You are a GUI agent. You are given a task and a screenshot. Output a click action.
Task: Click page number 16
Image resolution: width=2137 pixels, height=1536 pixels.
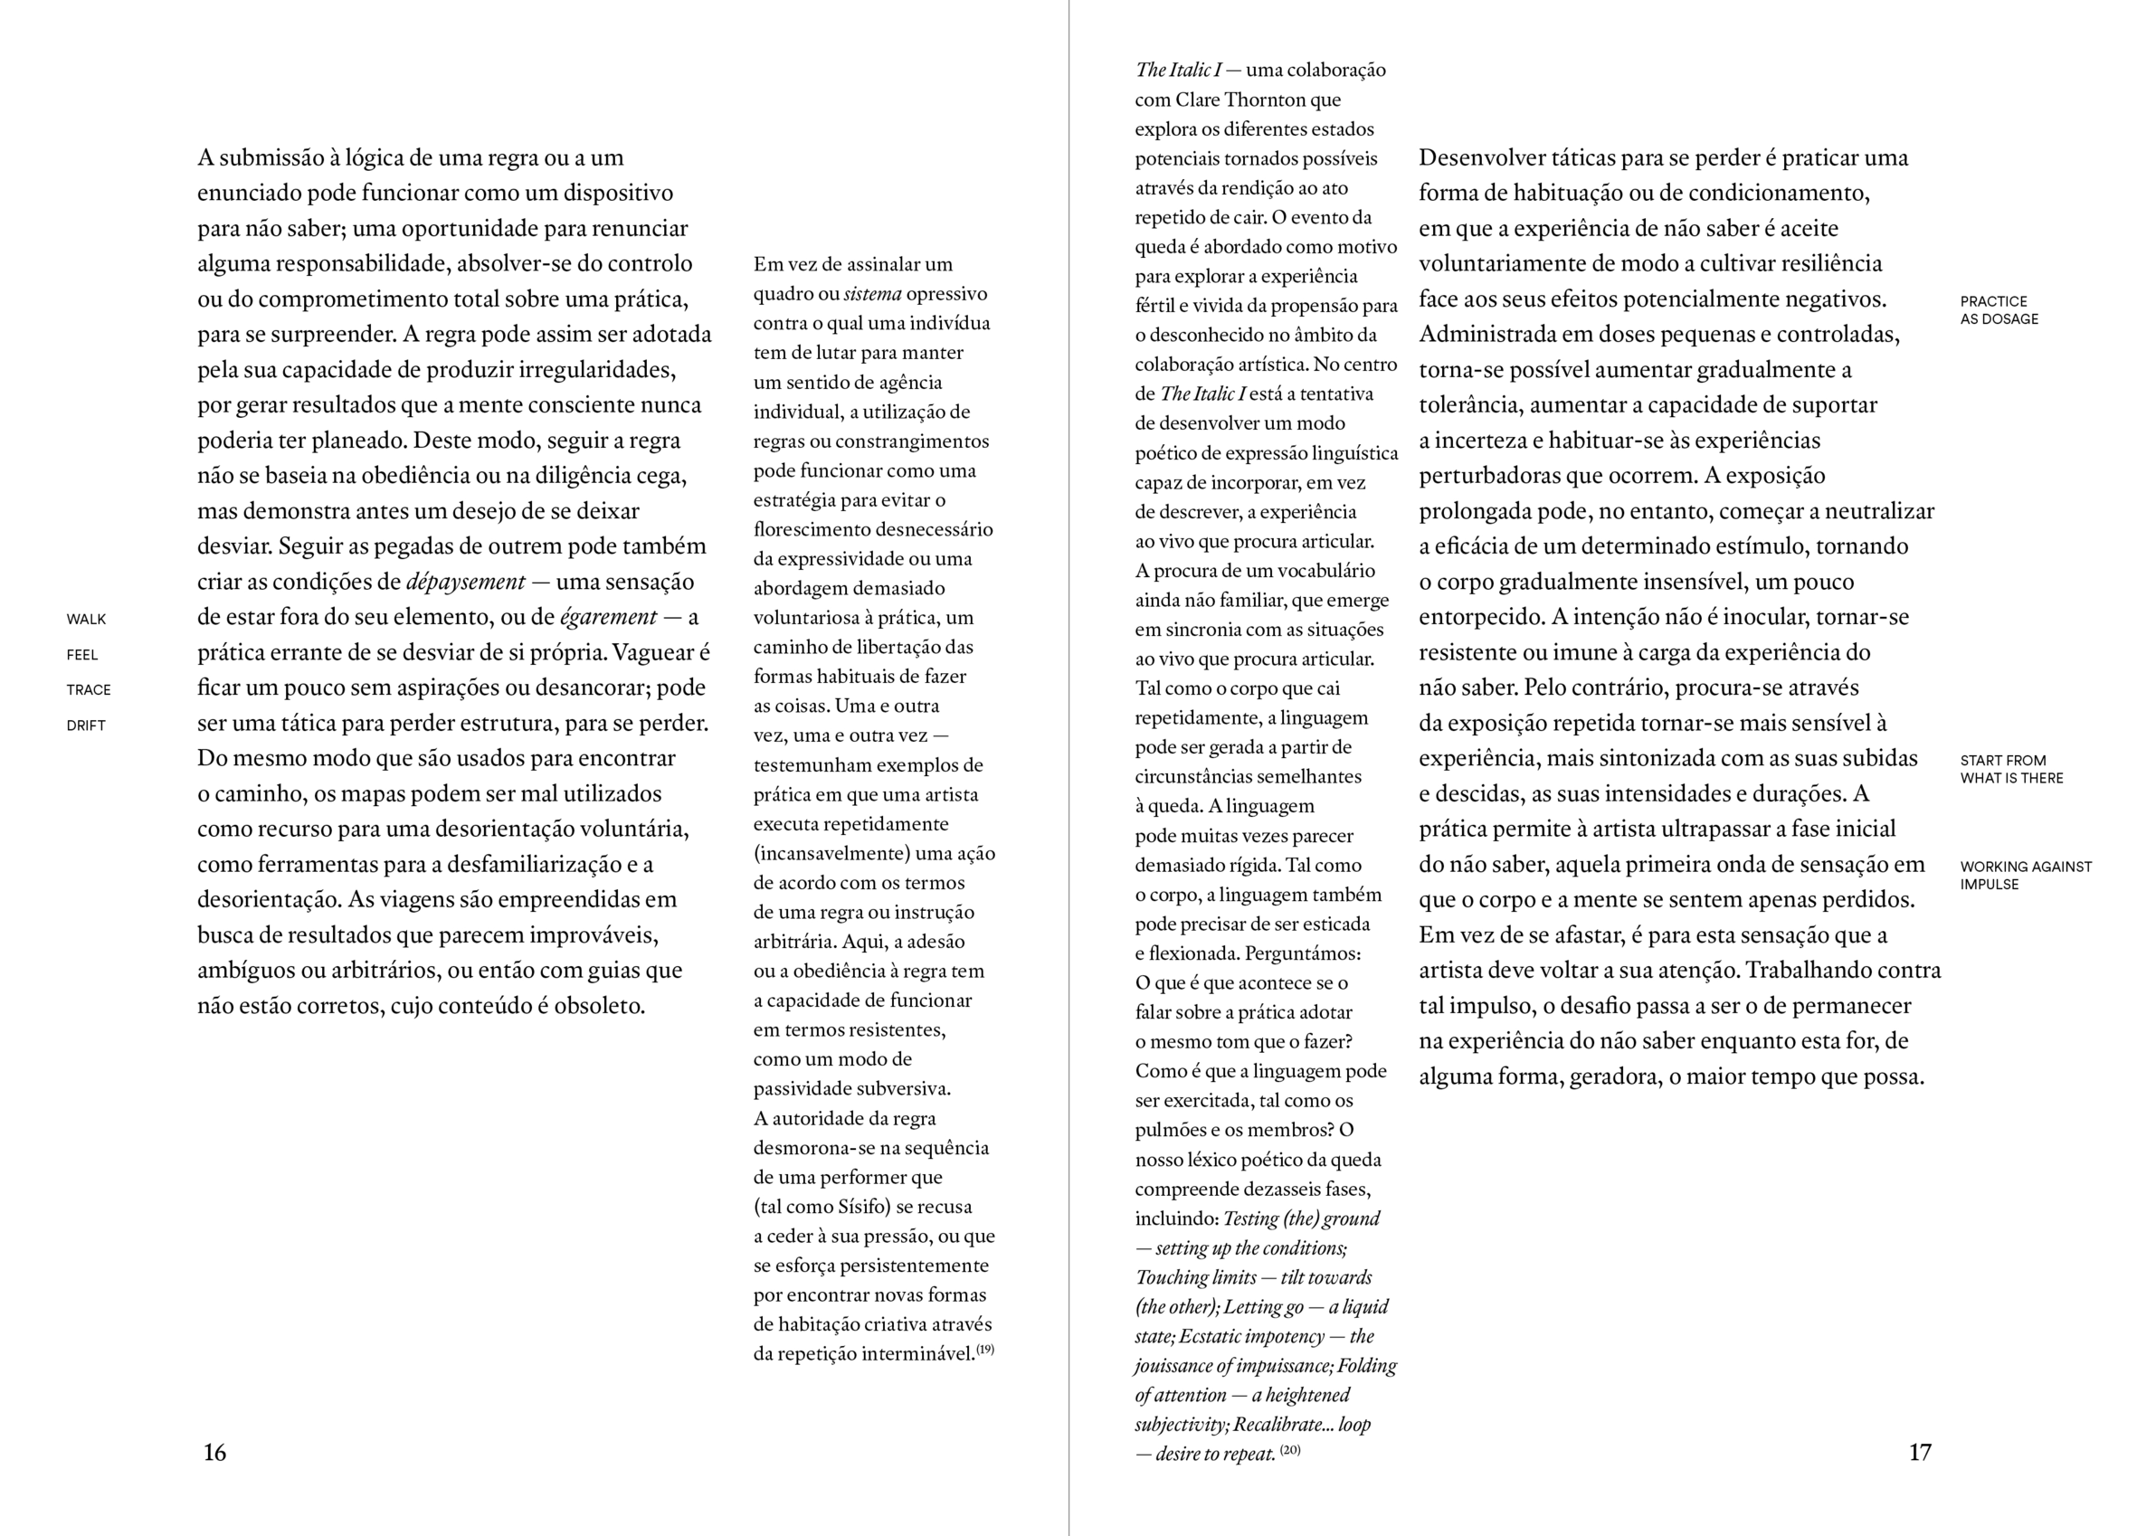pos(214,1452)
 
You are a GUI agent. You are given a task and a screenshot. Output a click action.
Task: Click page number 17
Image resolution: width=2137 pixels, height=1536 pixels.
pos(1919,1452)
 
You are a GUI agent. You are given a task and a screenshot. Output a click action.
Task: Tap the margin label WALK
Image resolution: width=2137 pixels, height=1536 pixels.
pos(86,619)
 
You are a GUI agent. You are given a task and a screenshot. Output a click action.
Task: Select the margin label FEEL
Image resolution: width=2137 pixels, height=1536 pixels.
pos(82,655)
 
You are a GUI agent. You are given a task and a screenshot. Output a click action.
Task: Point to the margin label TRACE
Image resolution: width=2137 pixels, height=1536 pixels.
pos(89,690)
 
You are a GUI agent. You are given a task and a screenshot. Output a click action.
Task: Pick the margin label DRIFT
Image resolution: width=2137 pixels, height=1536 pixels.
pos(86,725)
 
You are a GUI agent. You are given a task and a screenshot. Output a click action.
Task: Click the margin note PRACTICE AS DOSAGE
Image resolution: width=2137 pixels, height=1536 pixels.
pos(1999,310)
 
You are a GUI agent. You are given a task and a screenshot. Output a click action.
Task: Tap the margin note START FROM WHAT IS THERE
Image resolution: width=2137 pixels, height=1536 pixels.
pos(2010,769)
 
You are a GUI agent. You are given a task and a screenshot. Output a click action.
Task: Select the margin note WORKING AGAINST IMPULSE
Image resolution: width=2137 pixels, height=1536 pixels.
pos(2025,876)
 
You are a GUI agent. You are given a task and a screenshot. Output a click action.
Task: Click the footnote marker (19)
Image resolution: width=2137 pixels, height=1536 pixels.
pos(984,1350)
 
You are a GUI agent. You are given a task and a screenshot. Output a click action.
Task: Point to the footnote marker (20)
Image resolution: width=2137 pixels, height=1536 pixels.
pos(1290,1449)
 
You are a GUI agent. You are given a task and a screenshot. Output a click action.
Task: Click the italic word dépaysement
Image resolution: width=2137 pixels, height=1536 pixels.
pos(465,582)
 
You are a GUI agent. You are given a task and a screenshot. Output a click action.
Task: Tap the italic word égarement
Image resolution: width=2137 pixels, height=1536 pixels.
pos(608,617)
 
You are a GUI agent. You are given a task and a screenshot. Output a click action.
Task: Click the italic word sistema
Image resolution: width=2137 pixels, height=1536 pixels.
pos(871,294)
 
